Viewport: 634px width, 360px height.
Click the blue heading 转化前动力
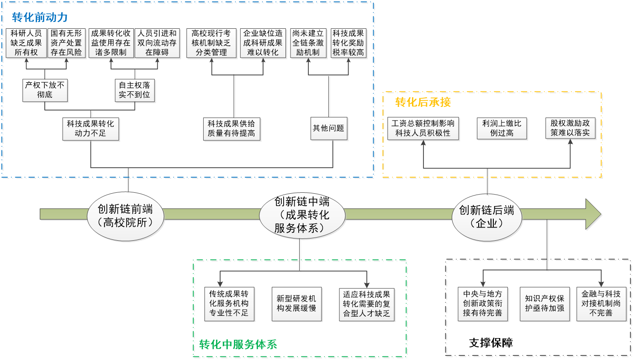click(40, 17)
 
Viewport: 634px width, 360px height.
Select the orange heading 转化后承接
click(423, 102)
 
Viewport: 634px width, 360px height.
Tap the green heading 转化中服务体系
click(238, 344)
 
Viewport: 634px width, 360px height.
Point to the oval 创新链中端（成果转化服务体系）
click(301, 215)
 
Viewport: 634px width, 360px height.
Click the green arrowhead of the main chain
click(593, 215)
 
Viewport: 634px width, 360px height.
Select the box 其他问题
click(328, 128)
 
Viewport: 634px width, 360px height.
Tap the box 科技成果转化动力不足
click(90, 128)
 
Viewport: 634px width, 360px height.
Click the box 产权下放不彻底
click(45, 90)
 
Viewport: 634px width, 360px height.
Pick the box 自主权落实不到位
click(134, 90)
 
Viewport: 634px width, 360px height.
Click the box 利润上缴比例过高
click(501, 128)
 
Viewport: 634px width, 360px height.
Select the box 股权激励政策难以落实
click(570, 128)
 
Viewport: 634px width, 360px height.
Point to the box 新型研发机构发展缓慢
click(296, 303)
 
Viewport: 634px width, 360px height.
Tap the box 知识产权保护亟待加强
click(544, 303)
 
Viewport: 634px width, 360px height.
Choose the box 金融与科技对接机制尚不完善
click(601, 303)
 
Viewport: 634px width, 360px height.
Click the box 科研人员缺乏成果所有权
click(26, 43)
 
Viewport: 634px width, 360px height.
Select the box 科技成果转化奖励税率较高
click(348, 43)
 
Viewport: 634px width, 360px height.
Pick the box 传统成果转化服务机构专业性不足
click(228, 303)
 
